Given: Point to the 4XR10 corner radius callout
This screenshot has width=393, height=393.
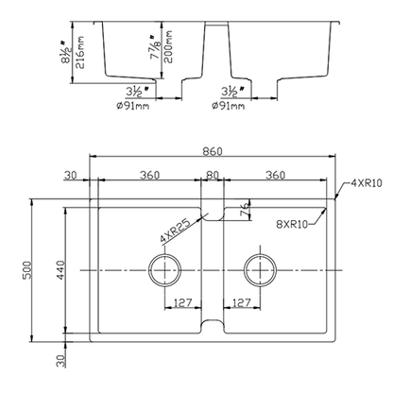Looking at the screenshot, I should tap(366, 182).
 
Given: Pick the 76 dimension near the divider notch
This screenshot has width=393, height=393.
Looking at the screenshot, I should tap(244, 209).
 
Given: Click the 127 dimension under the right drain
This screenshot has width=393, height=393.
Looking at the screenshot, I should tap(241, 303).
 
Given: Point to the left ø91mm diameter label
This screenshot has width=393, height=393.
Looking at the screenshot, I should tap(135, 105).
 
